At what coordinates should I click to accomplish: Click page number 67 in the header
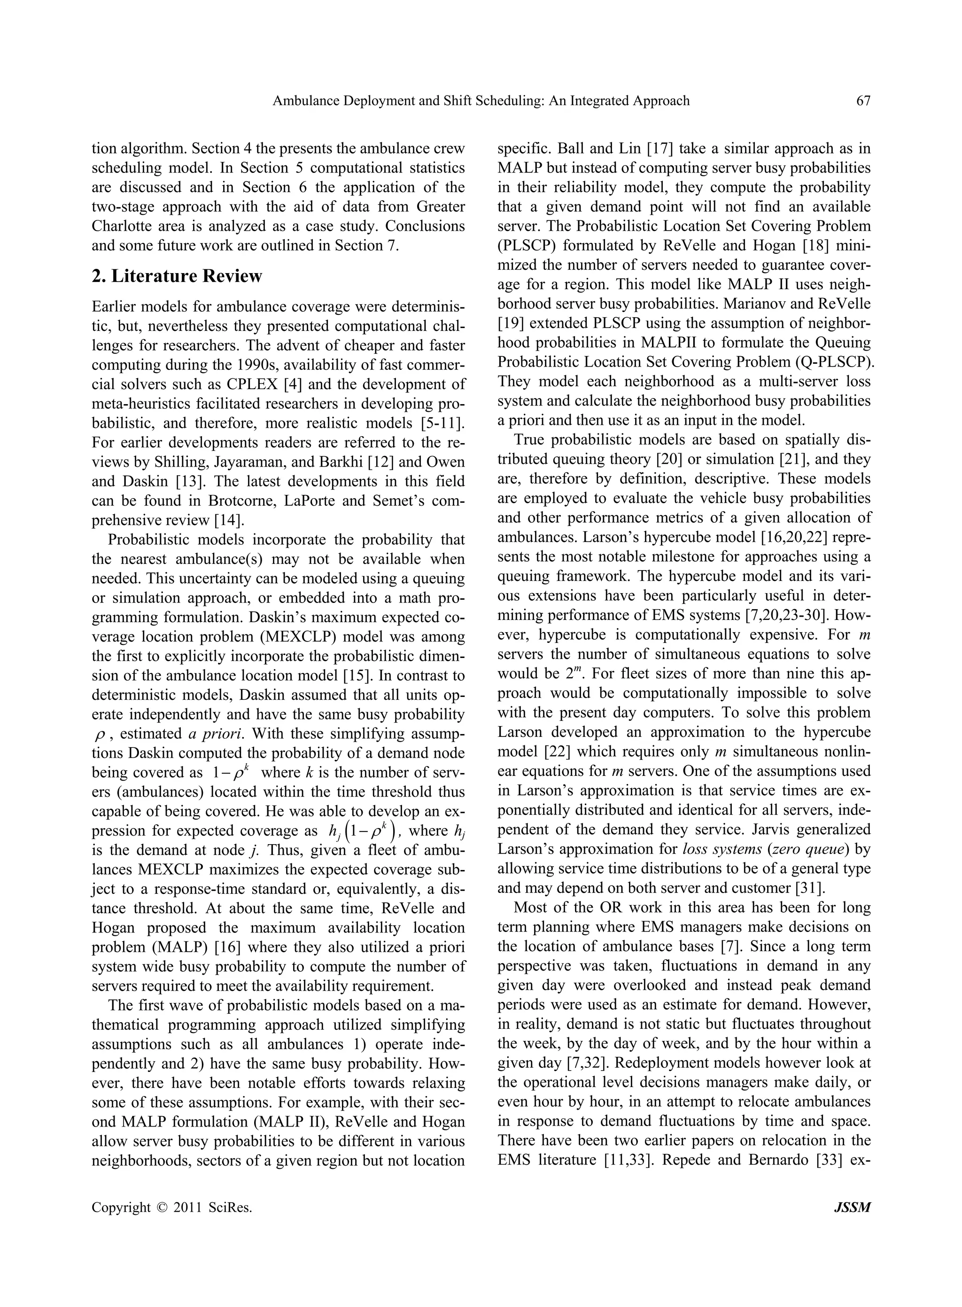click(863, 101)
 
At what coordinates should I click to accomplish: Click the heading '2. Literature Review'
click(177, 275)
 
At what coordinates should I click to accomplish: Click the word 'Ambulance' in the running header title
click(303, 101)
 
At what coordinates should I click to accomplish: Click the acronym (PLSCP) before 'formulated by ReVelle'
click(527, 245)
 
